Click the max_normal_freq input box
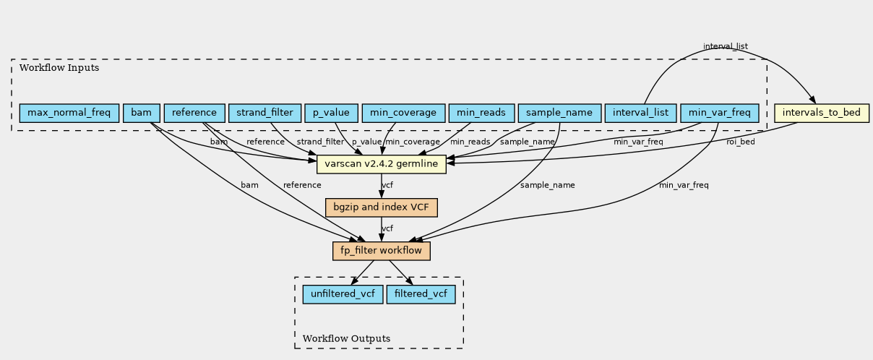(x=69, y=113)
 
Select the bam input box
(x=142, y=113)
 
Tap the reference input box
(x=194, y=113)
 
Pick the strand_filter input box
(x=265, y=113)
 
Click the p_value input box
(x=331, y=113)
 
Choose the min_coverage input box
(x=403, y=113)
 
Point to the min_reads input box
(x=481, y=113)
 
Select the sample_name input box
(x=559, y=113)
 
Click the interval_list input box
(x=641, y=113)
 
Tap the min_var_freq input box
(x=720, y=113)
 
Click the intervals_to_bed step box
(x=822, y=113)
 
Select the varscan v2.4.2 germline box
(x=382, y=164)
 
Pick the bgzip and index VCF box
(x=382, y=207)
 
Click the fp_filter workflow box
(x=382, y=251)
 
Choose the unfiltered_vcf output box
(x=343, y=294)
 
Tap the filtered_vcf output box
(x=421, y=294)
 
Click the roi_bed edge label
(x=741, y=142)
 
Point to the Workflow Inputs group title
(x=59, y=68)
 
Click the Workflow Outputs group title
(x=346, y=338)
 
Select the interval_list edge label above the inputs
(x=726, y=46)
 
